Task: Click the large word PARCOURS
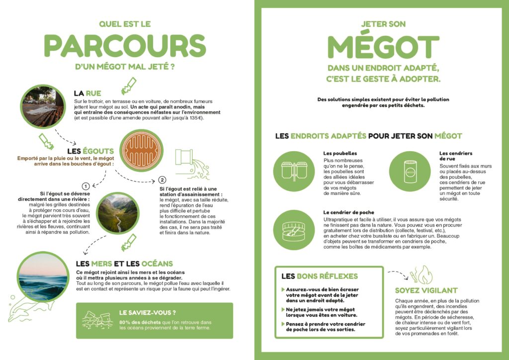(x=124, y=46)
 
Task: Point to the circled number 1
(x=85, y=185)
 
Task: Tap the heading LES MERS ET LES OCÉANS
(x=124, y=264)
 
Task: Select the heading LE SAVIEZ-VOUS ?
(x=148, y=313)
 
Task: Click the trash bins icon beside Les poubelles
(x=293, y=170)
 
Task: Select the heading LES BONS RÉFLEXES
(x=320, y=276)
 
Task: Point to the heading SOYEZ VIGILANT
(x=426, y=290)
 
